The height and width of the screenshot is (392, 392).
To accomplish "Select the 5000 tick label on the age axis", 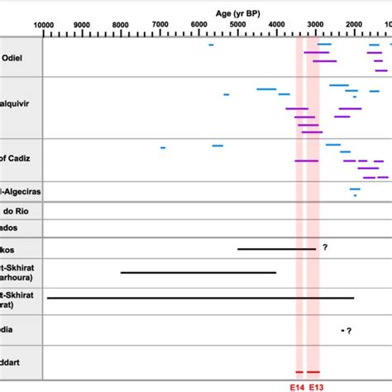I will (237, 25).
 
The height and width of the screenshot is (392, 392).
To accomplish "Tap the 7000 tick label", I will (160, 25).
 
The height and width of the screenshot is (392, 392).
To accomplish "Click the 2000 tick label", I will (354, 25).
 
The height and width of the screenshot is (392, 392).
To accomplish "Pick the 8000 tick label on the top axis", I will (121, 25).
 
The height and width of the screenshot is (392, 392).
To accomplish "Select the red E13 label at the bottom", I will (316, 386).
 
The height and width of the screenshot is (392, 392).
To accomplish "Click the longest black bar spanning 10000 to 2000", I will (201, 298).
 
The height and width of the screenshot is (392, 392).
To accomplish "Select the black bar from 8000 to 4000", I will (198, 272).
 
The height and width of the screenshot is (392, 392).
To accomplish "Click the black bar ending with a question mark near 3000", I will (276, 248).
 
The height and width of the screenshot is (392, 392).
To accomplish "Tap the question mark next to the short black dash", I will (350, 331).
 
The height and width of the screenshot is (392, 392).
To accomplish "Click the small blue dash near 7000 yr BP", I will (163, 147).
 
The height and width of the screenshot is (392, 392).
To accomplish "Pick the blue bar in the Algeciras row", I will (355, 189).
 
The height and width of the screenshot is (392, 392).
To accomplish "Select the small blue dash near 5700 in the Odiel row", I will (211, 45).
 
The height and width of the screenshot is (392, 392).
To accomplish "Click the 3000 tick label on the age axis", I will (315, 25).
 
